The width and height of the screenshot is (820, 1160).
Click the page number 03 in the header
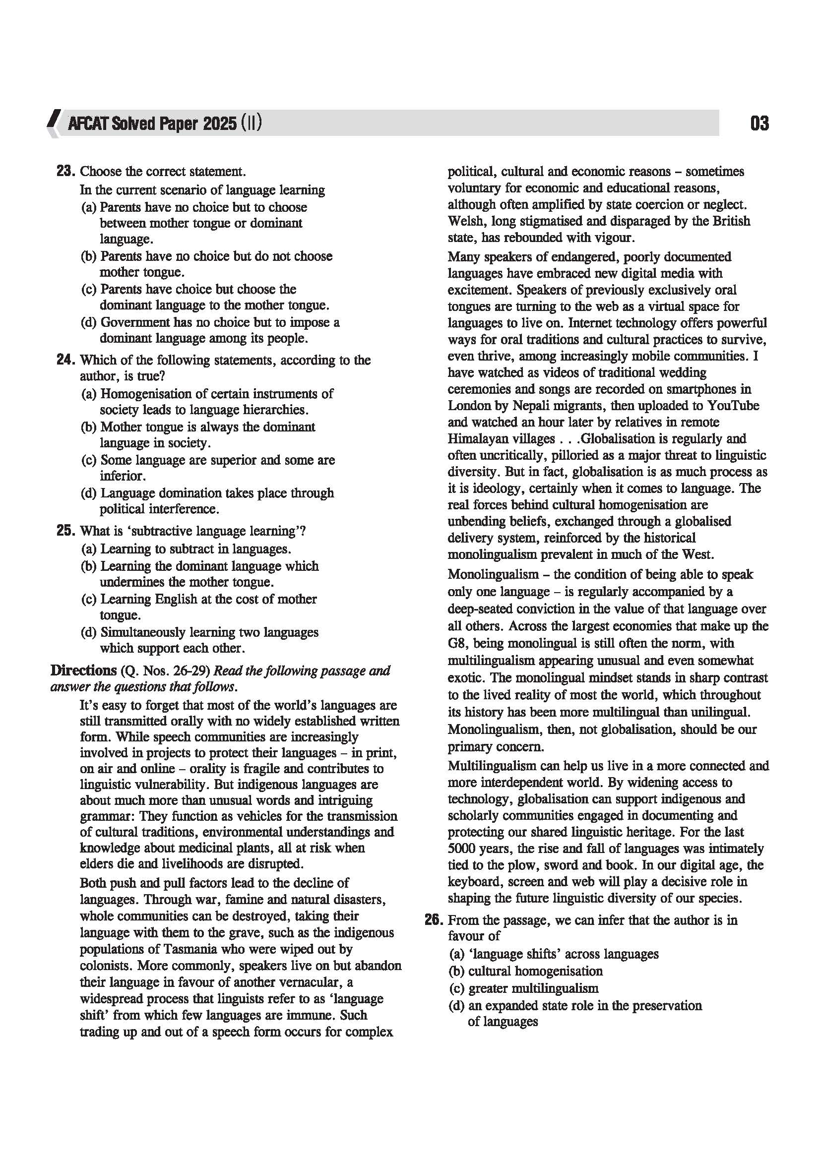(x=759, y=123)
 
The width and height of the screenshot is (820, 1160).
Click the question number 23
(x=65, y=171)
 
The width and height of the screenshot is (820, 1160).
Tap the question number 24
(x=65, y=360)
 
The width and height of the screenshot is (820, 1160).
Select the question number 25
(x=65, y=531)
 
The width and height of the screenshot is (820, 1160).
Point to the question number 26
(x=434, y=920)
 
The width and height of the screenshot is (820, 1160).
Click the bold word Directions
(x=83, y=671)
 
